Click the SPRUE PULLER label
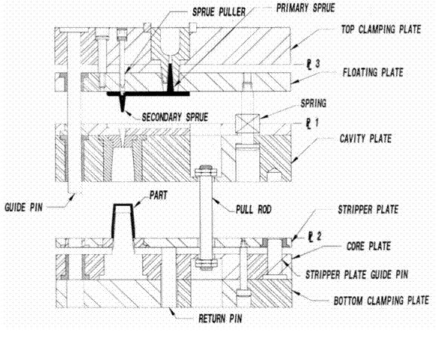[x=219, y=12]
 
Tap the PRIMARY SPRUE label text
[x=305, y=8]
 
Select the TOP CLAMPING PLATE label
[x=381, y=29]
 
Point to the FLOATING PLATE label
[x=373, y=72]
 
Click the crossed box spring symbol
[x=247, y=123]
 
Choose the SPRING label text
[x=313, y=104]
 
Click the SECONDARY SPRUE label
[x=175, y=116]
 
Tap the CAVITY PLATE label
[x=365, y=138]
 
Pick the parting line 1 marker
[x=313, y=124]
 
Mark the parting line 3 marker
[x=313, y=64]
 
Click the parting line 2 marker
[x=314, y=237]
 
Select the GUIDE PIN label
[x=23, y=207]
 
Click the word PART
[x=159, y=195]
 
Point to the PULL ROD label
[x=253, y=210]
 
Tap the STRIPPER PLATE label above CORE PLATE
[x=368, y=210]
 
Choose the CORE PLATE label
[x=368, y=246]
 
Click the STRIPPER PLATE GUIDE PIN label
[x=357, y=274]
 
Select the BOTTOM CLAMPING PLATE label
[x=381, y=301]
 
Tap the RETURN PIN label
[x=220, y=319]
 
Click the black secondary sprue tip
[x=123, y=110]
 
